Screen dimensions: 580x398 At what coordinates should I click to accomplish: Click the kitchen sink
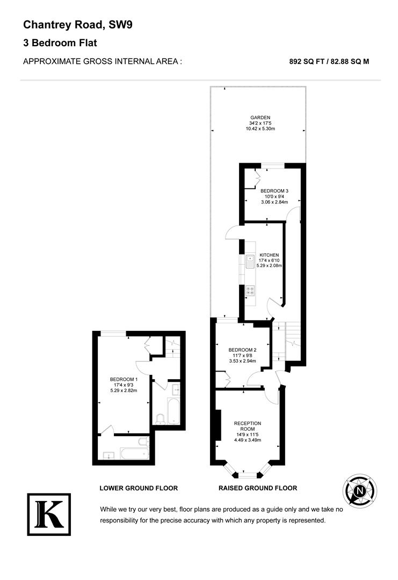[250, 262]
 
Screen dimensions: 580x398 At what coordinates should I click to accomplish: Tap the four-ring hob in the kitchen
[250, 291]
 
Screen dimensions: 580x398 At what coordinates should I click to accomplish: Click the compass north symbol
[360, 491]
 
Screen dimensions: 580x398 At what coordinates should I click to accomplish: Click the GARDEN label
[259, 118]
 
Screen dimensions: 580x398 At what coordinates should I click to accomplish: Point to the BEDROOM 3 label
[274, 191]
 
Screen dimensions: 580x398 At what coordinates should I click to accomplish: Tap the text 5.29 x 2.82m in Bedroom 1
[124, 390]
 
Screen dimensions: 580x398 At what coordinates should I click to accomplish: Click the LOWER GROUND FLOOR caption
[139, 488]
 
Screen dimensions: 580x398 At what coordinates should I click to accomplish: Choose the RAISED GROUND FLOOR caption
[257, 488]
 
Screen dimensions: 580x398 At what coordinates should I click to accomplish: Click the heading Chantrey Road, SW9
[69, 24]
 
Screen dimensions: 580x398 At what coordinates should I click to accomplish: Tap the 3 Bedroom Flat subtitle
[60, 43]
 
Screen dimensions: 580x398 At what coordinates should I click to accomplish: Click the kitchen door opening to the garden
[234, 232]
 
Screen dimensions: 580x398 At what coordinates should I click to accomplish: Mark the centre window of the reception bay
[248, 475]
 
